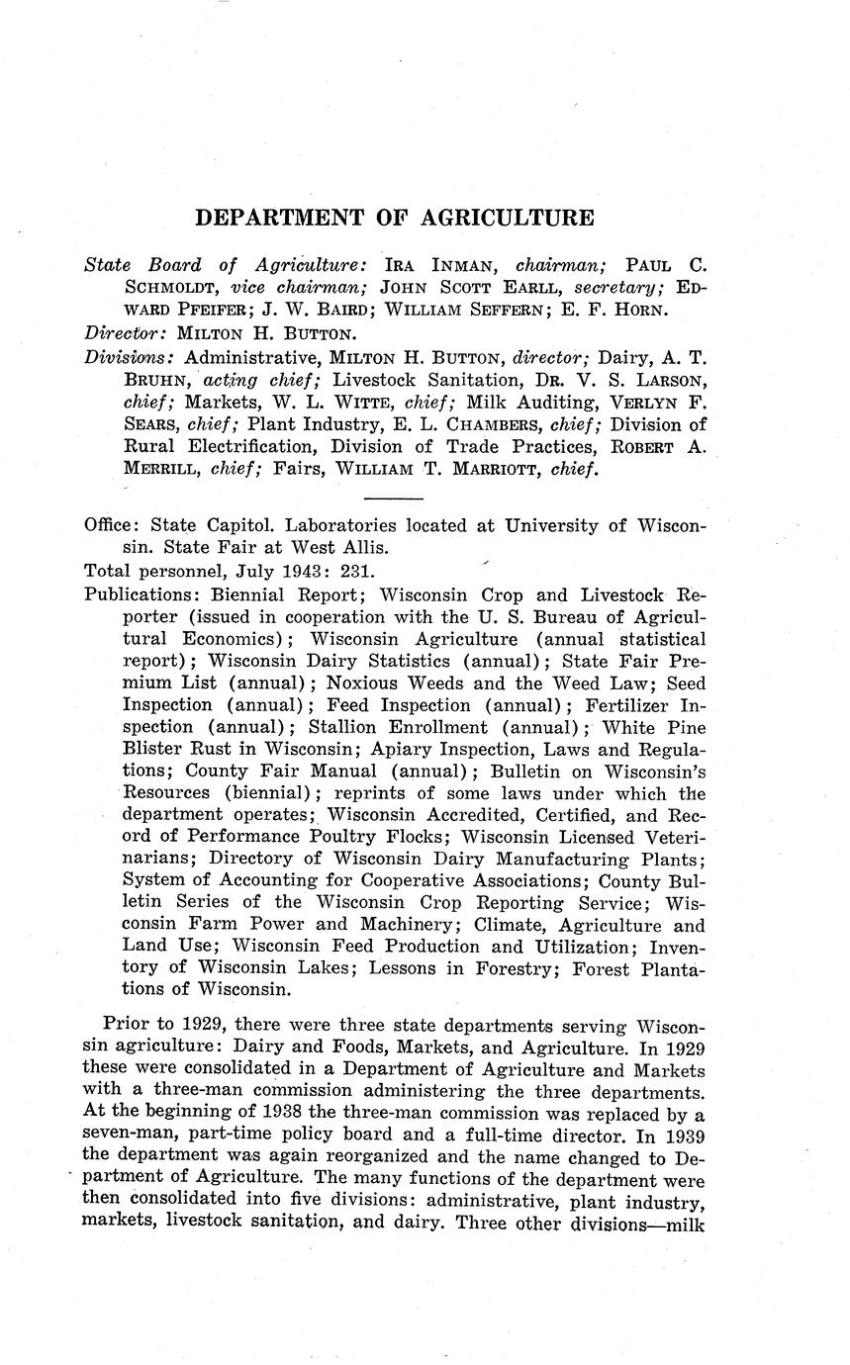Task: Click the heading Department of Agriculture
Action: (x=395, y=218)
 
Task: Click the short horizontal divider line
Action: (x=394, y=498)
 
